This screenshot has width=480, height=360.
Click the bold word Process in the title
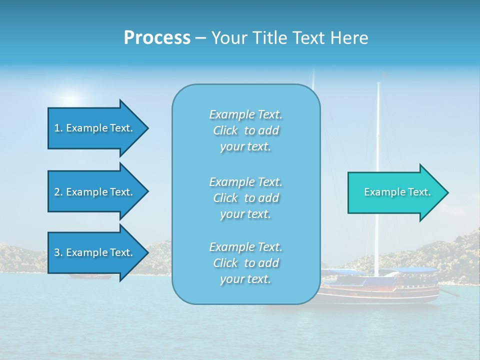click(157, 37)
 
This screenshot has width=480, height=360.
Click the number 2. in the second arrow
click(58, 192)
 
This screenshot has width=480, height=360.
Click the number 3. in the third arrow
click(58, 252)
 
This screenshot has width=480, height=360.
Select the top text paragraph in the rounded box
click(245, 130)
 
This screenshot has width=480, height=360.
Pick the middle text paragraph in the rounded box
click(245, 198)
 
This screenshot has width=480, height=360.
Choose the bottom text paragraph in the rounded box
click(245, 263)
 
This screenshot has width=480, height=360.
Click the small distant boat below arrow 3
click(90, 276)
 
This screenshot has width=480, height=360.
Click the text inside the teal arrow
click(397, 192)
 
